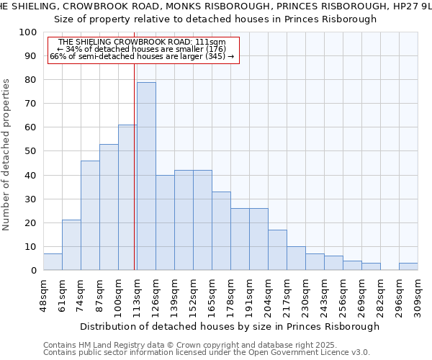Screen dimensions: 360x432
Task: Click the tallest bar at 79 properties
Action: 146,176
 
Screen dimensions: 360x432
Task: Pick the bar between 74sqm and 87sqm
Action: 90,215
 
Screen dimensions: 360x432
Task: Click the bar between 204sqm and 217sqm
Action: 277,250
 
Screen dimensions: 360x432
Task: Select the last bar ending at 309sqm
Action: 408,266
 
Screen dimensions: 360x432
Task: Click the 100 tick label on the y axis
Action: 28,32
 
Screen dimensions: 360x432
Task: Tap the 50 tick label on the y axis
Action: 31,151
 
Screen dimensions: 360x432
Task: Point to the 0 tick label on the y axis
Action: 34,271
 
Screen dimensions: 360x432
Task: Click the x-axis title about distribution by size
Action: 230,326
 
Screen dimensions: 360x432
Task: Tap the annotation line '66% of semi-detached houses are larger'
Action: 142,56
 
